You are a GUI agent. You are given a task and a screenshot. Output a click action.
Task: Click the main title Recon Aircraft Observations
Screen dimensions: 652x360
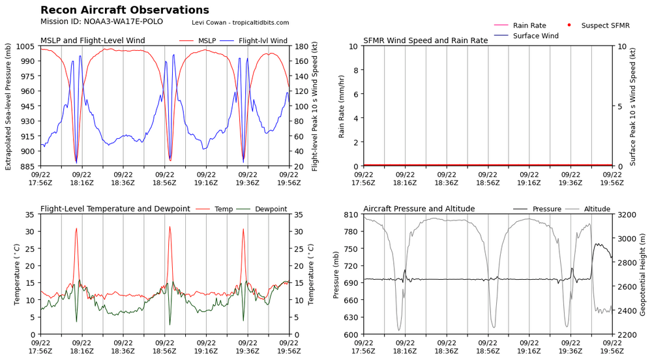125,10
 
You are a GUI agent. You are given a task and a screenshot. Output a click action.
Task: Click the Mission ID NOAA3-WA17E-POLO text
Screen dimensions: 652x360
102,22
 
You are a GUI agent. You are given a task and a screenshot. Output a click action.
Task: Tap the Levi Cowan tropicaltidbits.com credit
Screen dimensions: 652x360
241,22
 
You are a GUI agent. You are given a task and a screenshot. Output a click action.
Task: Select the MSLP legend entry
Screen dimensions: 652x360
198,40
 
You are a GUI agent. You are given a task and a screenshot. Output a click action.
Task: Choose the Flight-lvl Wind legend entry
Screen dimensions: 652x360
254,40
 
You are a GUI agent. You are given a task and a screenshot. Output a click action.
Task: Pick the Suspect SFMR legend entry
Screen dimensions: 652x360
599,25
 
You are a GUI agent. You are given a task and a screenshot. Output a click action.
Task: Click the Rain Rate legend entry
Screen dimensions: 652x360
520,25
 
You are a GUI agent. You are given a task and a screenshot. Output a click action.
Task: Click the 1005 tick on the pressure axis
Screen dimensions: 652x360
25,46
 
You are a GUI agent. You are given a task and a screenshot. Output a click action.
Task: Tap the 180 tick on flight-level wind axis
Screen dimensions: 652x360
301,46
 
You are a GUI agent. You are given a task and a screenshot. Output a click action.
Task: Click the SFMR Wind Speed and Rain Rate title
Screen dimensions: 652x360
425,40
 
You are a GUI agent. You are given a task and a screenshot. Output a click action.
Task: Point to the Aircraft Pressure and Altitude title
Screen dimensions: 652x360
419,209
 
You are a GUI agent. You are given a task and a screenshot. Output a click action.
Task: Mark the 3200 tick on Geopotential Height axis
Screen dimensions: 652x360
627,215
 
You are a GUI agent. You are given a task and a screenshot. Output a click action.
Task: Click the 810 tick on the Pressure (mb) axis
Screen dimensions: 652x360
351,215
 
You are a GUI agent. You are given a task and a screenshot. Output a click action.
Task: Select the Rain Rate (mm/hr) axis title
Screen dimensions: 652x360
342,106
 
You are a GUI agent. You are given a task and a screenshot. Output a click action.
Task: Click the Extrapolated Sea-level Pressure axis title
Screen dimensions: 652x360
8,106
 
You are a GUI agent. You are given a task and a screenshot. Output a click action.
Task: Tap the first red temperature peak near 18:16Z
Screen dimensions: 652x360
76,228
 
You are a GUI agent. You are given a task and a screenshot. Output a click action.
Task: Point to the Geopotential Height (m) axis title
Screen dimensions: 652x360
642,275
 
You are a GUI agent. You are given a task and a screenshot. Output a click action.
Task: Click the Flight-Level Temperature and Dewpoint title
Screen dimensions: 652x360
115,209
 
